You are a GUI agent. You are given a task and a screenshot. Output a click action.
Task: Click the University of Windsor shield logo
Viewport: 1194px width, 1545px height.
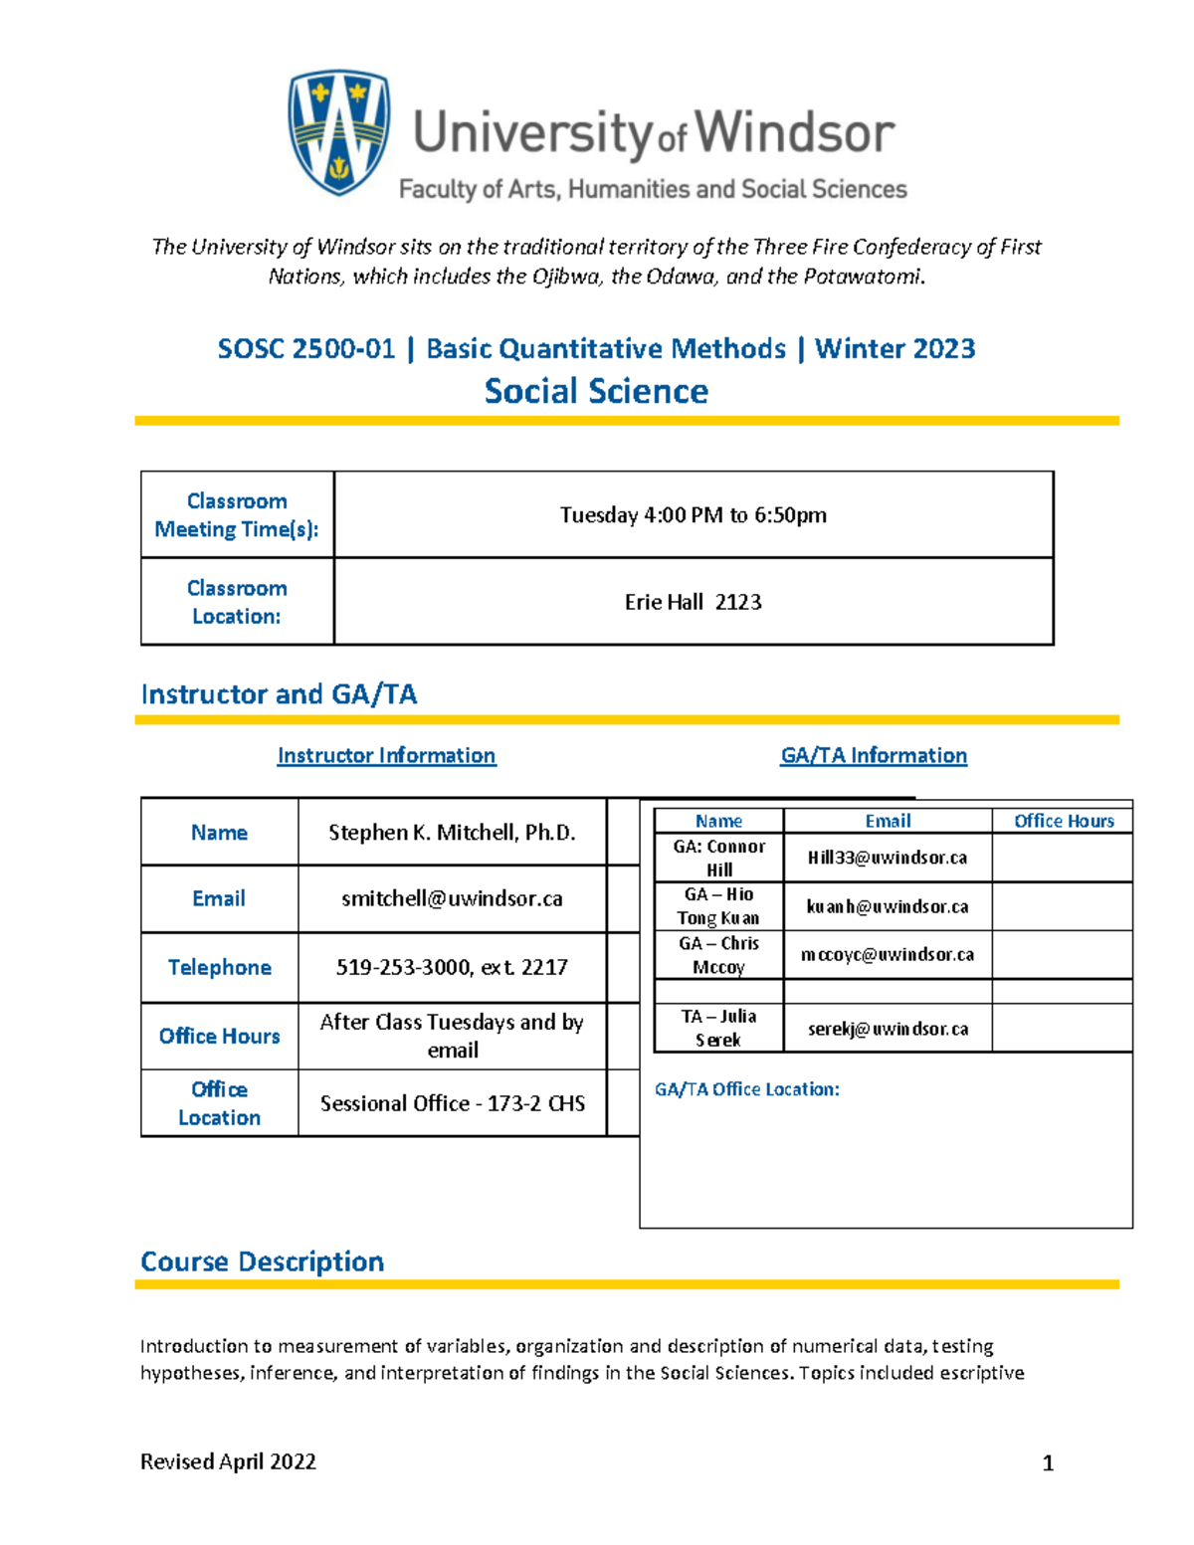click(338, 131)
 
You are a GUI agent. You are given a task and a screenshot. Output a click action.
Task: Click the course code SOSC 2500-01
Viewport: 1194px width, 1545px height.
click(305, 349)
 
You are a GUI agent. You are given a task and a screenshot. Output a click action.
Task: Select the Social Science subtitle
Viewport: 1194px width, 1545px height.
click(596, 391)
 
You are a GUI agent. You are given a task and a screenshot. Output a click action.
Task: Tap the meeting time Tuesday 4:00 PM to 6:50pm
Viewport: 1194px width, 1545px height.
click(693, 515)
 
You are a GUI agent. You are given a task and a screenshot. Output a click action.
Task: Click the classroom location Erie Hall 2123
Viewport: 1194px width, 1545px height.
click(693, 602)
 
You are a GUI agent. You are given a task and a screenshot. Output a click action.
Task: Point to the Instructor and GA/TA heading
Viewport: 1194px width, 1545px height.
click(279, 694)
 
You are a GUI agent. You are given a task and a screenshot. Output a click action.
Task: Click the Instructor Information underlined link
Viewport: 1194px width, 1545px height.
click(386, 756)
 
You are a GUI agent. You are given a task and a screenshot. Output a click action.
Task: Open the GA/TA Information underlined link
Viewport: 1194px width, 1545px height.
click(873, 756)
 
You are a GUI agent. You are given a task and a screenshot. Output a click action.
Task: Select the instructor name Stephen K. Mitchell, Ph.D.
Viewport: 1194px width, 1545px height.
click(452, 833)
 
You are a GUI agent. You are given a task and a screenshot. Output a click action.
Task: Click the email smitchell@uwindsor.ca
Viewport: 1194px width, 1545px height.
click(452, 899)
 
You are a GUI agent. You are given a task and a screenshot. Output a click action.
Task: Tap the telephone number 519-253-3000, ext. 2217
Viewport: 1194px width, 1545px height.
click(452, 967)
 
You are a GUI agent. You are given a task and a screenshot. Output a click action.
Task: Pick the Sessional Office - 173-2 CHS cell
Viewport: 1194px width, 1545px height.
click(452, 1103)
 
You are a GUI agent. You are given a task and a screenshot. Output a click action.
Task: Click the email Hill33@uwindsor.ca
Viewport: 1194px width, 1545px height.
click(887, 858)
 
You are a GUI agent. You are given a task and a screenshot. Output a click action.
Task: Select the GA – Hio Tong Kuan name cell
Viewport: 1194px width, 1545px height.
click(718, 906)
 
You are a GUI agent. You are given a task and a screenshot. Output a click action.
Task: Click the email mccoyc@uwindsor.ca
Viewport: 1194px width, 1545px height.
click(887, 955)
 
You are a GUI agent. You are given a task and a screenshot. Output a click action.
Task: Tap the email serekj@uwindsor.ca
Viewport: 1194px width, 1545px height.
click(887, 1029)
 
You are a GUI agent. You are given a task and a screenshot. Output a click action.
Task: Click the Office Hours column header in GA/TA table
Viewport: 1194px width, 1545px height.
click(1063, 821)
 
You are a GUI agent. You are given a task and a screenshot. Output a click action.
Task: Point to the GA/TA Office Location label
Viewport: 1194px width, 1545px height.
click(746, 1089)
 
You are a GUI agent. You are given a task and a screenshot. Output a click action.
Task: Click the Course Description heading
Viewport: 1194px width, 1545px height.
click(262, 1261)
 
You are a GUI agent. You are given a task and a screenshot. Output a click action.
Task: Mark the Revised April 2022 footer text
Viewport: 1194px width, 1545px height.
click(228, 1461)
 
